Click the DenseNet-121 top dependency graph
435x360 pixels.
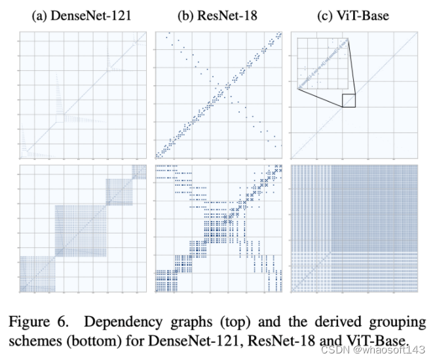(x=83, y=96)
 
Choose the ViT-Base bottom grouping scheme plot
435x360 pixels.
(x=354, y=228)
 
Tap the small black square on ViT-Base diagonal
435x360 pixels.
(x=349, y=100)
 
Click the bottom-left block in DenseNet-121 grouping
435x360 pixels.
(x=36, y=273)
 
